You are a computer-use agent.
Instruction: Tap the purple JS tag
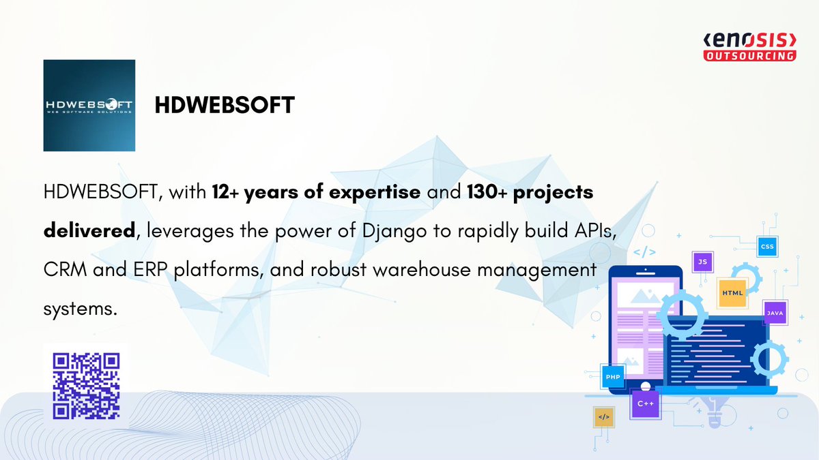pyautogui.click(x=702, y=262)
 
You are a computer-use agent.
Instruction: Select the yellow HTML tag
pyautogui.click(x=733, y=292)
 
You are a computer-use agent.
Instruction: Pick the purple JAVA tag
pyautogui.click(x=775, y=313)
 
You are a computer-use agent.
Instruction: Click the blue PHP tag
pyautogui.click(x=612, y=376)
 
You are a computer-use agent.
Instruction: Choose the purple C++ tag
pyautogui.click(x=646, y=403)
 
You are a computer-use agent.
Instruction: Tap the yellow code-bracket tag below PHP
pyautogui.click(x=603, y=416)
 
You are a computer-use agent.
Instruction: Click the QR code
pyautogui.click(x=87, y=386)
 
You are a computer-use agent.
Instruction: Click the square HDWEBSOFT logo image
pyautogui.click(x=89, y=105)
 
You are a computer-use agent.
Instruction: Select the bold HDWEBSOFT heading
pyautogui.click(x=225, y=106)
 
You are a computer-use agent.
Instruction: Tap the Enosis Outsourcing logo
pyautogui.click(x=749, y=47)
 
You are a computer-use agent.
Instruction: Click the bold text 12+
pyautogui.click(x=226, y=193)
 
